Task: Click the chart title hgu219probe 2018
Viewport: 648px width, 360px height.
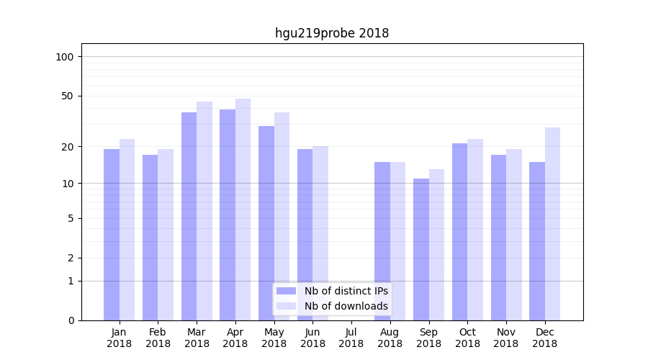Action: (332, 33)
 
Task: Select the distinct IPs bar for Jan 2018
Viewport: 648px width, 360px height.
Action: (112, 235)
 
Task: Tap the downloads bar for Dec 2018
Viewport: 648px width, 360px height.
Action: (552, 224)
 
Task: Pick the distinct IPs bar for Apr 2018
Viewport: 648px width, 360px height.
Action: (228, 215)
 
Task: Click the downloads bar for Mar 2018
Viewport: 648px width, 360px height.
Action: (204, 211)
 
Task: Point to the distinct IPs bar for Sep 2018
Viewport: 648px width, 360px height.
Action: (421, 249)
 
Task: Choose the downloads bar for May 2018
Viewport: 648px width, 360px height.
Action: (282, 216)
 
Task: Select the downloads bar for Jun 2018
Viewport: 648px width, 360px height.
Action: (320, 233)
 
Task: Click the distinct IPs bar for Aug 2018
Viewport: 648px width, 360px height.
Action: (382, 241)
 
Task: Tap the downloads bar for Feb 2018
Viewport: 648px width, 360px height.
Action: (166, 235)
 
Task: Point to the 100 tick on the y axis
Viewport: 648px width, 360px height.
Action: (65, 57)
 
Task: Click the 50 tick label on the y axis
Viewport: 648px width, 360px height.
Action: (68, 96)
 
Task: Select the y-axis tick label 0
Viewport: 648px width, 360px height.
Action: (71, 320)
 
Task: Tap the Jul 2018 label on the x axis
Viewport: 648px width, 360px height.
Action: (351, 338)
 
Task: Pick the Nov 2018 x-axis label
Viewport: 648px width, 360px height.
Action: (506, 338)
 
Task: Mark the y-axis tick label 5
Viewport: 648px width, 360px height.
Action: (71, 218)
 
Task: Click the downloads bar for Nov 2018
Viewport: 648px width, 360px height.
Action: (514, 235)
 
